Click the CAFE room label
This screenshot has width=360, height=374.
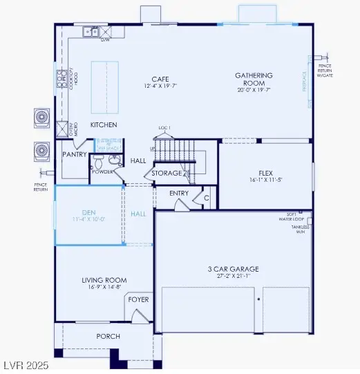161,79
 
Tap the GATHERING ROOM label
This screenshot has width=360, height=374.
254,79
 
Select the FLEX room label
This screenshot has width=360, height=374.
266,172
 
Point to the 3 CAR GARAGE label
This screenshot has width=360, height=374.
233,268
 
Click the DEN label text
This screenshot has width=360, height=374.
88,213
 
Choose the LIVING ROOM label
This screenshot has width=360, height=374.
104,280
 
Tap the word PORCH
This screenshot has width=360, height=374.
107,336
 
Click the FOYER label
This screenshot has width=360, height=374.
138,299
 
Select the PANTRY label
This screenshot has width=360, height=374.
74,154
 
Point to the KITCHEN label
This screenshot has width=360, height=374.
104,124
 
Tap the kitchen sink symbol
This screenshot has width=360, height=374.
90,32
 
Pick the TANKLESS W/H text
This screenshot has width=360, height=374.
300,229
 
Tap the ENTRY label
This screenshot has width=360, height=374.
179,193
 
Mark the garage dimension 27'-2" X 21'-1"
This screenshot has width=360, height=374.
233,276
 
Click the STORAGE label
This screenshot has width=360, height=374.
167,173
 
